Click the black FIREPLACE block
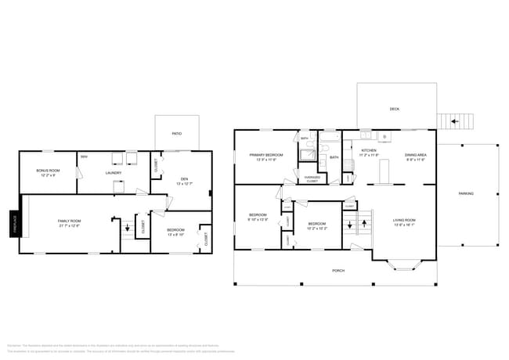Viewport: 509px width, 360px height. tap(14, 223)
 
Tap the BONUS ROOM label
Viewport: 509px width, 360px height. tap(49, 171)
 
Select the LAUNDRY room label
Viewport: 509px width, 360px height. tap(113, 173)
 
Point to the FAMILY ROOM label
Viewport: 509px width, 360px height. tap(70, 221)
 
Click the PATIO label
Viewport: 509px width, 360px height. tap(176, 134)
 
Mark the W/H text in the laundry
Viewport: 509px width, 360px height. tap(84, 157)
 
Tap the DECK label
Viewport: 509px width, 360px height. tap(395, 109)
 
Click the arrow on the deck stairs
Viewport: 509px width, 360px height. tap(454, 122)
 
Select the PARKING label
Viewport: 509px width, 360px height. tap(465, 193)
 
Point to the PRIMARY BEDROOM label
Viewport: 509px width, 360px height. tap(266, 155)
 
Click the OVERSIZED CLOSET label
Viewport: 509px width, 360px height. tap(312, 178)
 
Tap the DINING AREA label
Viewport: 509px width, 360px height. tap(415, 155)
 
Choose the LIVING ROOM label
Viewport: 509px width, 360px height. tap(403, 221)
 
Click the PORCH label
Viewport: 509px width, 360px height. tap(338, 270)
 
